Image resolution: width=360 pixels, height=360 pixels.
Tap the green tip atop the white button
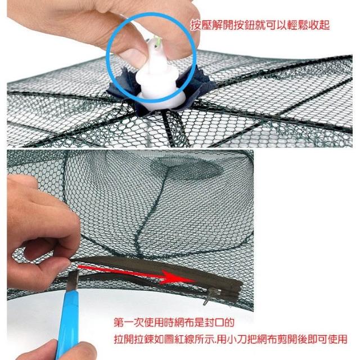[x=156, y=42]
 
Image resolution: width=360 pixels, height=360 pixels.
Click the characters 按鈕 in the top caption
[x=245, y=25]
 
